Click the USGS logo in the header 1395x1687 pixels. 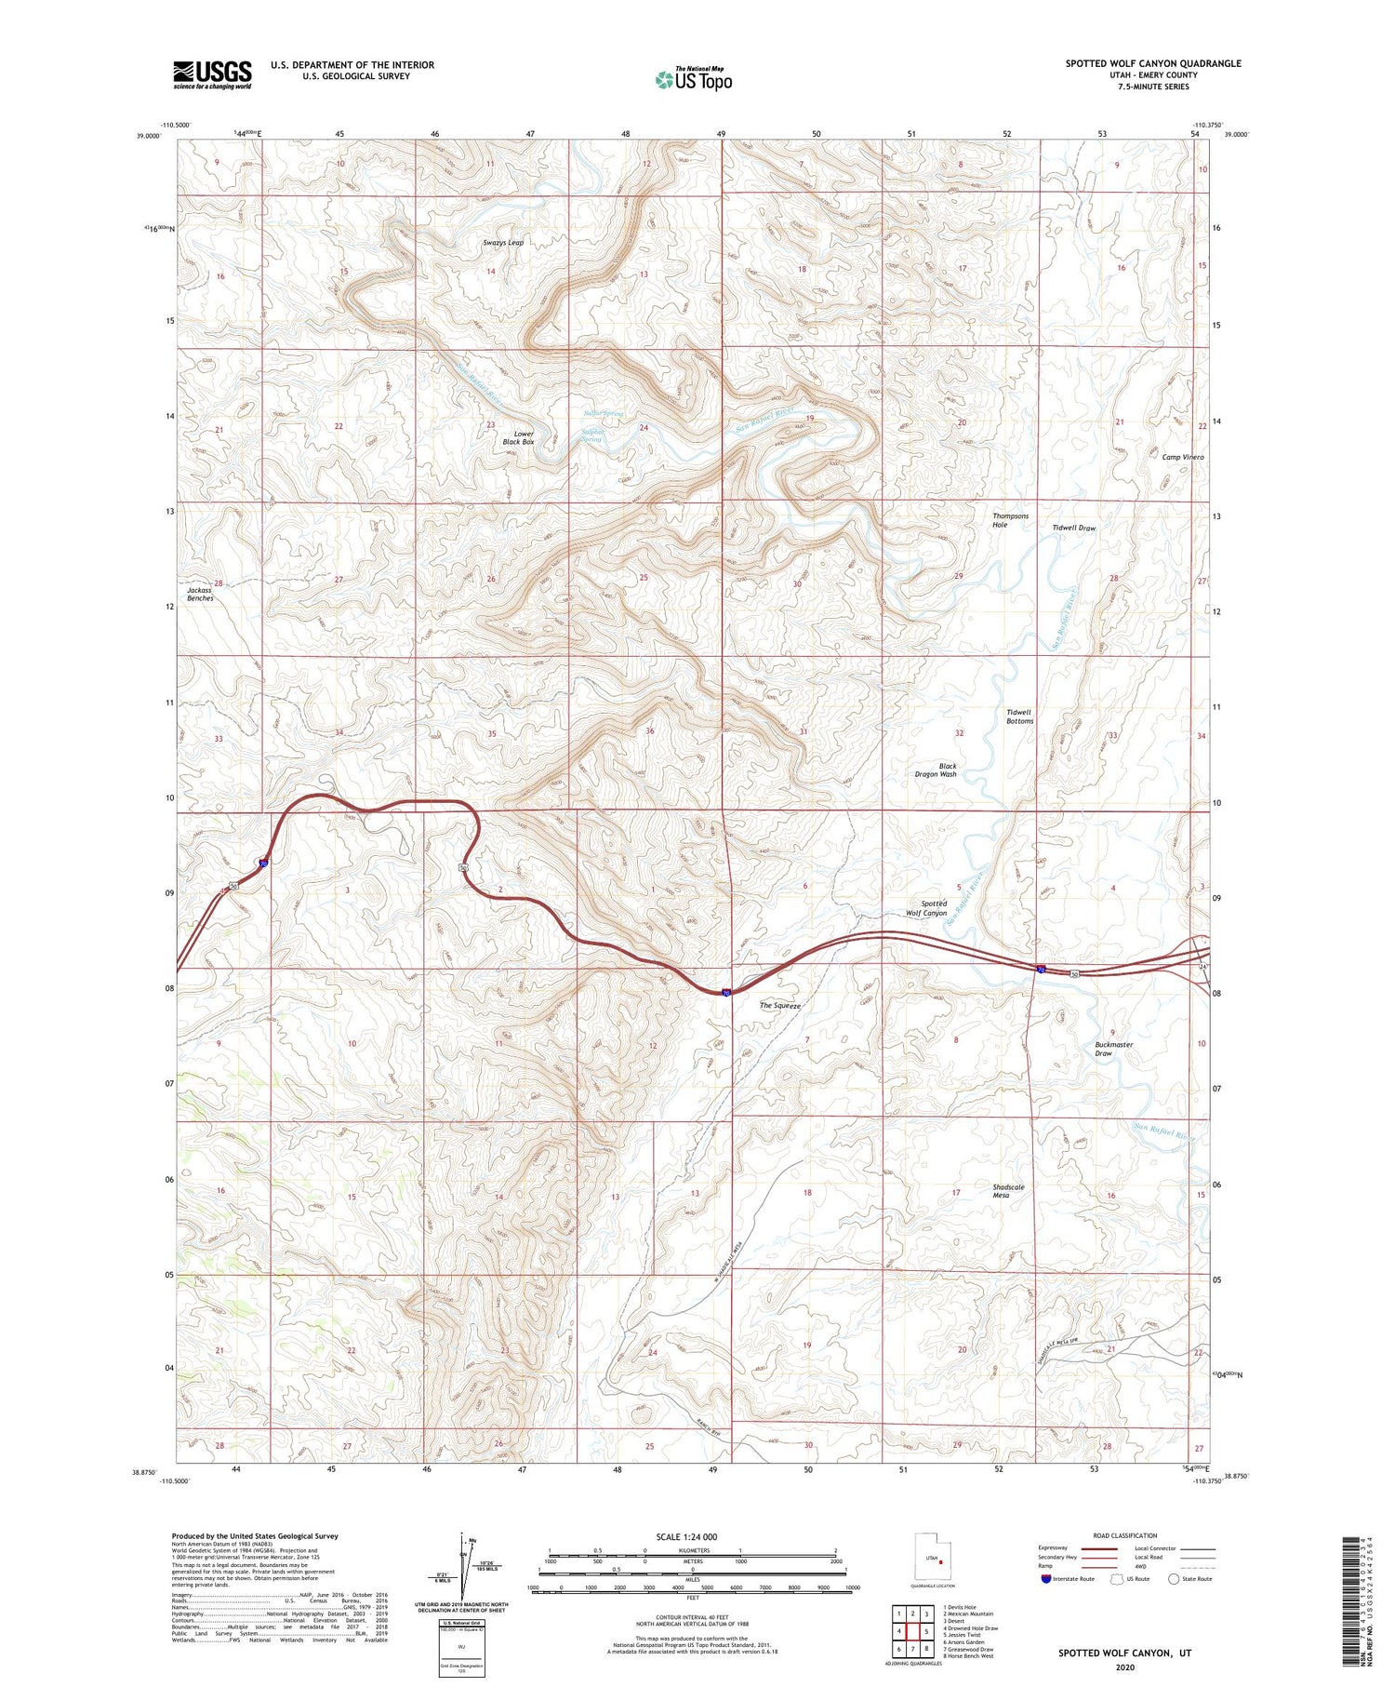pos(212,74)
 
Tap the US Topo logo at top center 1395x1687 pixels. pos(693,79)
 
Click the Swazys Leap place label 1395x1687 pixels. pos(503,243)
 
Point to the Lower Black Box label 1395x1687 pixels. pos(519,438)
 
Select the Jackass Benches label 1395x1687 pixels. pos(200,595)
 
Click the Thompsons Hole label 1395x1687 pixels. pos(1010,520)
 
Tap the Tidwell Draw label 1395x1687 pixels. pos(1073,529)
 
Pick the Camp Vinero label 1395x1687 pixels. pos(1182,458)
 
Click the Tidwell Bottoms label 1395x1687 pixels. pos(1019,716)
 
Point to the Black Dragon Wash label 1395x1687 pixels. pos(936,770)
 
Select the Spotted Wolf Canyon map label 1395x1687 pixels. pos(927,908)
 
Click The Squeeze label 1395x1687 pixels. pos(779,1006)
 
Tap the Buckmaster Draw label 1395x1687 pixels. pos(1113,1049)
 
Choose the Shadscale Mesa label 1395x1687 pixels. pos(1008,1192)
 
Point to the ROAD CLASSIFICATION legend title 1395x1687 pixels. pos(1125,1535)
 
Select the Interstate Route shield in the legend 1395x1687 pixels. pos(1045,1579)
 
